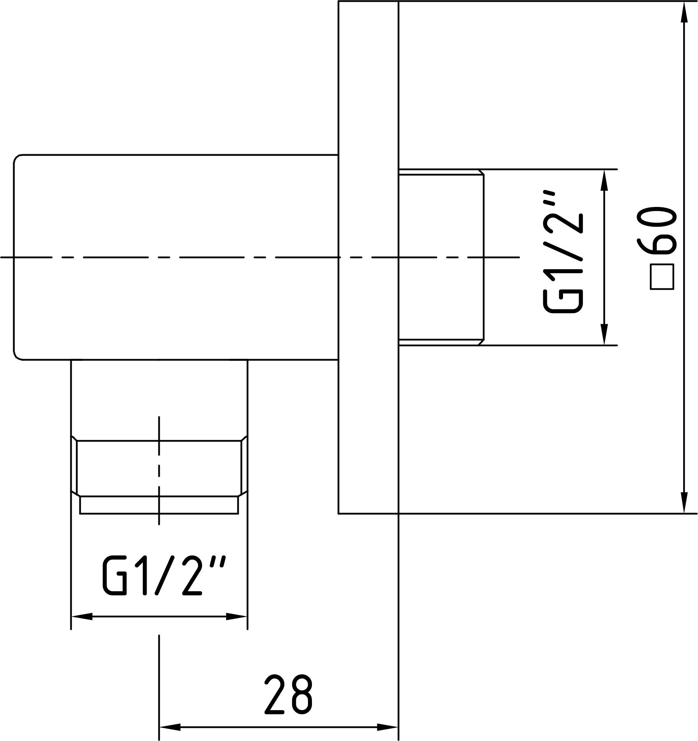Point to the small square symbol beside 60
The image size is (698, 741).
pos(662,278)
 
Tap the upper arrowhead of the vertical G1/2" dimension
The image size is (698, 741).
pos(604,180)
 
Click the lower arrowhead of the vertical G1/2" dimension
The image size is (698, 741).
pos(604,334)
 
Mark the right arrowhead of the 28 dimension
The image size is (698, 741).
pos(389,727)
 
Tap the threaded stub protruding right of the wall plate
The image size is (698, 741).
pos(441,257)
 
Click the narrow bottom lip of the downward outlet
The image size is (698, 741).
pos(159,506)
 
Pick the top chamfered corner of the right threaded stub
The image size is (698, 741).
pos(481,172)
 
